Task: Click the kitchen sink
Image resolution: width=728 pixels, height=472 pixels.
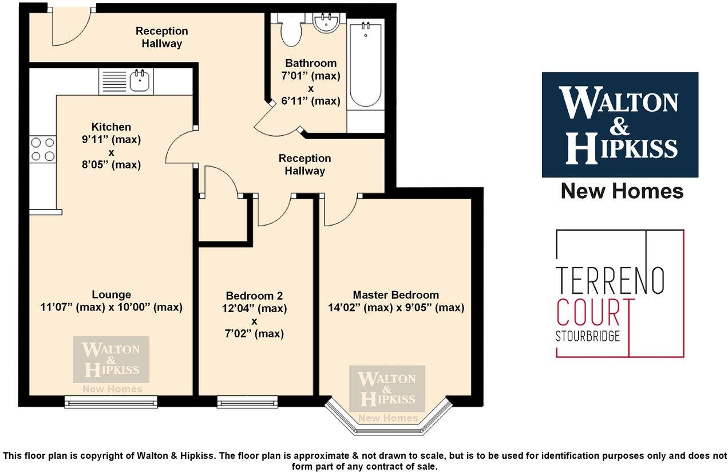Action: tap(139, 81)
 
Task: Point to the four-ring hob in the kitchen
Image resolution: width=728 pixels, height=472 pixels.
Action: tap(43, 149)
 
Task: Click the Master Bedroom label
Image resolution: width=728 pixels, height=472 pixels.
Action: tap(395, 295)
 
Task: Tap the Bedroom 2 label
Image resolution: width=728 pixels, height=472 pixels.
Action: tap(255, 296)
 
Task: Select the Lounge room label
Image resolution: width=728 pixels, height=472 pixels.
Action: tap(111, 295)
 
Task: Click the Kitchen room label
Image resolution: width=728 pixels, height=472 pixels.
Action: tap(111, 127)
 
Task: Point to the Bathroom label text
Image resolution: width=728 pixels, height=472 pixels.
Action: tap(311, 64)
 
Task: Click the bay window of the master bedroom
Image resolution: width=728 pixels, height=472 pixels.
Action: tap(388, 421)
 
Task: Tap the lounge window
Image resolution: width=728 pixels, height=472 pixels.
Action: tap(111, 403)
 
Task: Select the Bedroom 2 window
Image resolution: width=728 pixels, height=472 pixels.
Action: tap(247, 403)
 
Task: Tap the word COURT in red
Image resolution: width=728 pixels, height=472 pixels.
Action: tap(595, 312)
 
